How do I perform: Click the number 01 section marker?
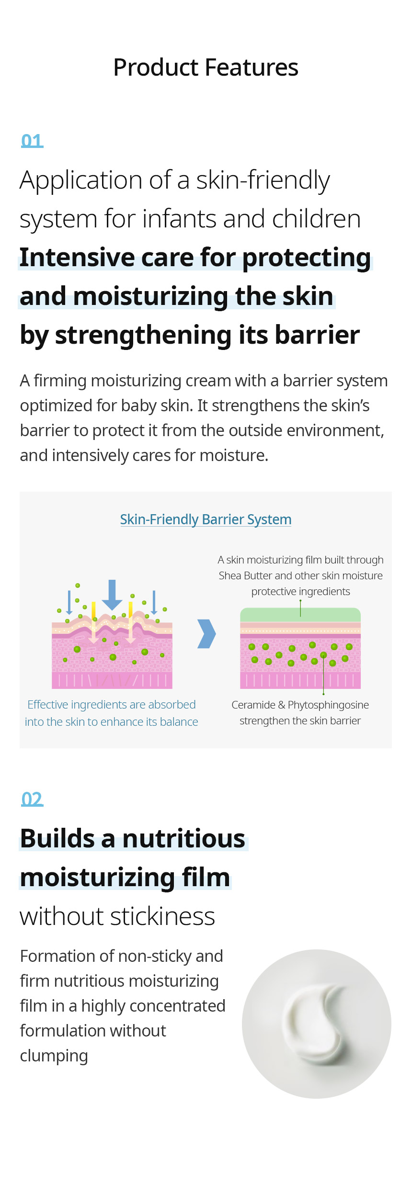point(32,141)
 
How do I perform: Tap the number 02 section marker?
point(32,799)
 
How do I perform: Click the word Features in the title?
point(252,67)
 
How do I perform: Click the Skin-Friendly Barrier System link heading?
point(206,519)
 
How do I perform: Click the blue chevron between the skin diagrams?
point(207,634)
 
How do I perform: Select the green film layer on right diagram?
point(300,615)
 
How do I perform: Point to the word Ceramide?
point(253,705)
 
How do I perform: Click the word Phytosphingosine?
point(328,705)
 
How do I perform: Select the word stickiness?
point(162,916)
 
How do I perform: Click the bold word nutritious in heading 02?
point(183,839)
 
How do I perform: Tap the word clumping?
point(54,1056)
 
